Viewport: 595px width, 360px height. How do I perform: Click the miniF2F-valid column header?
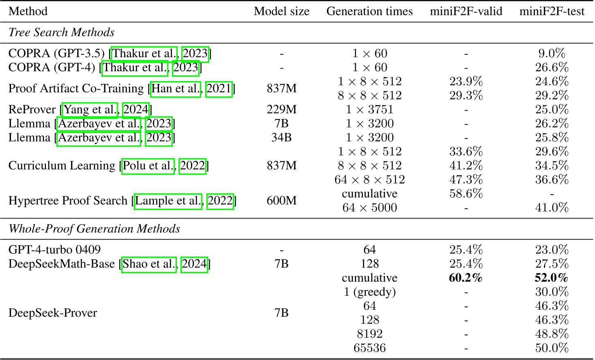[466, 11]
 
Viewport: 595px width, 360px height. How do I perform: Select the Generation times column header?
[369, 11]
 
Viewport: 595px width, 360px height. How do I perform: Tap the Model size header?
[281, 11]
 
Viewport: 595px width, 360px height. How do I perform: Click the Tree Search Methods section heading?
[62, 32]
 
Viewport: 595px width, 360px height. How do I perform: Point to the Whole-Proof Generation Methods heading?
[95, 229]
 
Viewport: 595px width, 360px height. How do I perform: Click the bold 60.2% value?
[466, 278]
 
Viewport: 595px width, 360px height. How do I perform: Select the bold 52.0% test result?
[552, 278]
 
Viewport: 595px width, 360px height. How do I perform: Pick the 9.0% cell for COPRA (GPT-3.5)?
[552, 54]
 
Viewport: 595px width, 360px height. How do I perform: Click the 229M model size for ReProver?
[281, 109]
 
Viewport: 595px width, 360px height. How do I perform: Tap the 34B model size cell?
[281, 137]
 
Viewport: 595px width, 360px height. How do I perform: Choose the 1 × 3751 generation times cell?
[369, 109]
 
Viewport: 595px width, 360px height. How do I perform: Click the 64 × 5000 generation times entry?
[369, 208]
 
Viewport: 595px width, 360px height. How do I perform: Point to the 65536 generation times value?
[369, 348]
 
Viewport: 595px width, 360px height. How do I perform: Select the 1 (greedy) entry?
[369, 292]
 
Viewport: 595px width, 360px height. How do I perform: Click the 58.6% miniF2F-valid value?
[466, 193]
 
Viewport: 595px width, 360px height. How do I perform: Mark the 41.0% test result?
[552, 208]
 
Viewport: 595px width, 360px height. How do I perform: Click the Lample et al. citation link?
[168, 201]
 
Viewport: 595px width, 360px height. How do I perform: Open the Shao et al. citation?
[149, 264]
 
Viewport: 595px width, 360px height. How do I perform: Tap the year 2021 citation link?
[219, 88]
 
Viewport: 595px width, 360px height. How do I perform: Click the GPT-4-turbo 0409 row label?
[55, 250]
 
